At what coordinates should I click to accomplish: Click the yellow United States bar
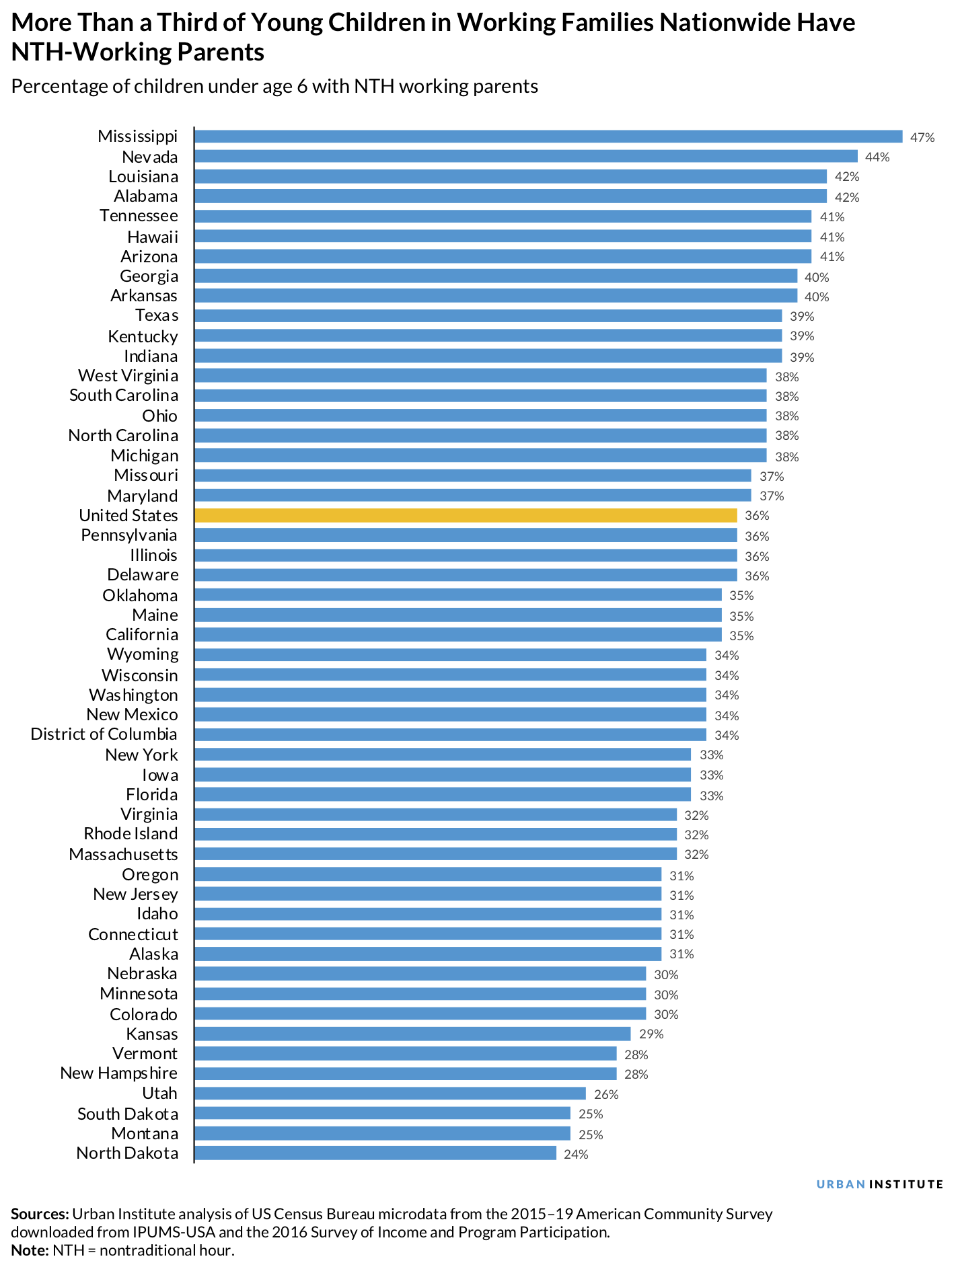point(466,516)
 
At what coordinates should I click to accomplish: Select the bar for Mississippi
point(548,137)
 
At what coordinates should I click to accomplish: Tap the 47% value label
point(922,138)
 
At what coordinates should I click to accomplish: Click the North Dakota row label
point(127,1153)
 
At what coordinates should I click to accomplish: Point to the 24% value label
point(576,1155)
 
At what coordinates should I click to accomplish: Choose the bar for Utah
point(390,1094)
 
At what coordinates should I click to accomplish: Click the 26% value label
point(605,1095)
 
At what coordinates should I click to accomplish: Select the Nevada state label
point(150,157)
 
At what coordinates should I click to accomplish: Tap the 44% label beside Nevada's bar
point(877,157)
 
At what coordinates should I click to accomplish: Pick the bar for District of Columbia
point(450,734)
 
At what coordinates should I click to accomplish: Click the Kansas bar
point(412,1034)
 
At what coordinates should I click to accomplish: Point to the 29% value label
point(651,1034)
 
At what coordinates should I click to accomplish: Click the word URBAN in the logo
point(840,1185)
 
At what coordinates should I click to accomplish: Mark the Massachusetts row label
point(123,855)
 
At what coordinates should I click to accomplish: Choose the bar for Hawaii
point(503,236)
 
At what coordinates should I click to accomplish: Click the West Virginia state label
point(128,376)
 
